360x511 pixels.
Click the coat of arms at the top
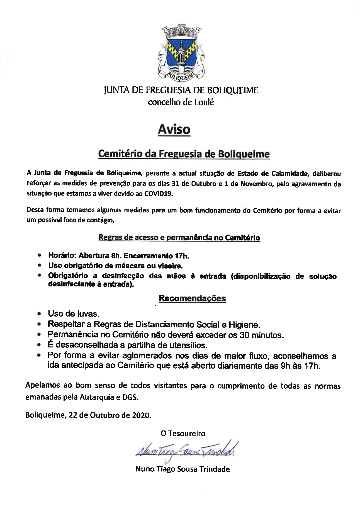[x=181, y=53]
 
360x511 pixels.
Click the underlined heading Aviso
[x=174, y=130]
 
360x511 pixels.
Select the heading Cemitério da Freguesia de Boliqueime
[x=184, y=154]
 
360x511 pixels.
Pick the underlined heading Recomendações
[x=192, y=298]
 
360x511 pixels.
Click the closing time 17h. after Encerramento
[x=182, y=256]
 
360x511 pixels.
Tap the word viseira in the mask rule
[x=170, y=266]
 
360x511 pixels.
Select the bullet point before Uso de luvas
[x=40, y=314]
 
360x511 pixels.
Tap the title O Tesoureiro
[x=183, y=434]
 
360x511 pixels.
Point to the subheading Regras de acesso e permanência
[x=179, y=238]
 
